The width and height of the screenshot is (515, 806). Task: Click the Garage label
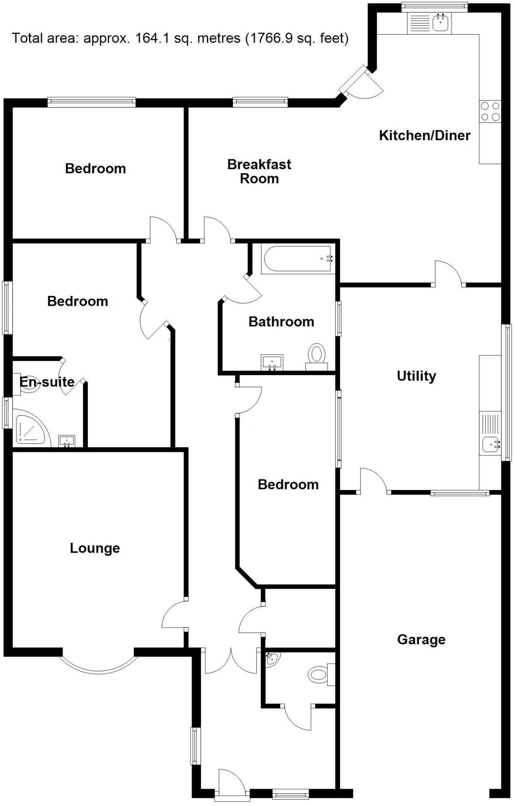tap(421, 640)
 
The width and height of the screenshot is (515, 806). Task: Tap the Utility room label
tap(416, 376)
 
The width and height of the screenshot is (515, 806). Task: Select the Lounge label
tap(95, 548)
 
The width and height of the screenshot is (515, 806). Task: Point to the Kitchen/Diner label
tap(424, 135)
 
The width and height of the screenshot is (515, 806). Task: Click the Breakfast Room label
tap(259, 171)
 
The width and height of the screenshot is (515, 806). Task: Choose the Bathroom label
tap(281, 322)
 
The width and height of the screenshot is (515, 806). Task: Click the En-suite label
tap(47, 382)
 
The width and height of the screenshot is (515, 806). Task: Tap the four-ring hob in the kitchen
tap(490, 111)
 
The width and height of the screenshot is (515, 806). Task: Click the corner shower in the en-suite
tap(30, 428)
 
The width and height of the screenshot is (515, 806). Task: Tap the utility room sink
tap(491, 444)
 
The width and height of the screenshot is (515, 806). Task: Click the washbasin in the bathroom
tap(272, 361)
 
